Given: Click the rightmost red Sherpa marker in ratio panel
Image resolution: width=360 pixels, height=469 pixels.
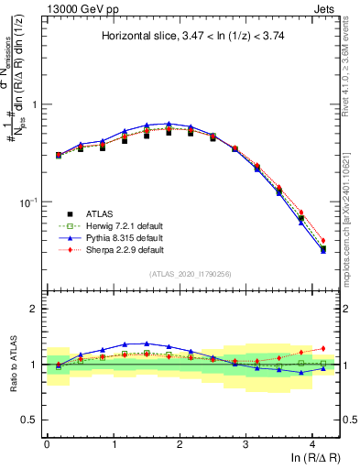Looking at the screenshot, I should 322,348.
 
